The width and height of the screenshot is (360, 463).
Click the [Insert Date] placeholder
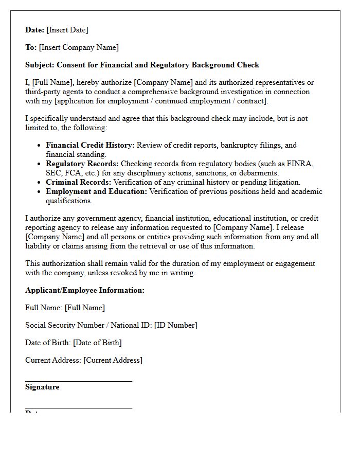[67, 30]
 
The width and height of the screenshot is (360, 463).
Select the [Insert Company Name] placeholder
[79, 48]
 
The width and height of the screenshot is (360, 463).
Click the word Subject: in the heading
[40, 65]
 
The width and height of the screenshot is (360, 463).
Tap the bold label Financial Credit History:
[90, 146]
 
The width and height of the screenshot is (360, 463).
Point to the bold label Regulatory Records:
[82, 164]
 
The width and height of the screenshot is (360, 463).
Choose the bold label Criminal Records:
[78, 183]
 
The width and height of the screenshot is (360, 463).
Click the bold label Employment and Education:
[96, 192]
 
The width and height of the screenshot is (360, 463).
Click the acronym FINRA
[301, 164]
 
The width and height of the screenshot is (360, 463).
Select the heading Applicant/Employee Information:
[85, 291]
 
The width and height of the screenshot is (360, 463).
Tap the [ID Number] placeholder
[175, 326]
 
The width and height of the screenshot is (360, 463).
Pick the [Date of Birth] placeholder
[97, 343]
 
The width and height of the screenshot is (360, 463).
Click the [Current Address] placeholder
[113, 361]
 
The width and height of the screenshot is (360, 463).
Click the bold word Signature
[42, 387]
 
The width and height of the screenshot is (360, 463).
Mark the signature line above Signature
[79, 381]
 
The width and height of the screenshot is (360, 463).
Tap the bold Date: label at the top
[35, 30]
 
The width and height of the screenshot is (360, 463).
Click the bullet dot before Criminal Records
[39, 183]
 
